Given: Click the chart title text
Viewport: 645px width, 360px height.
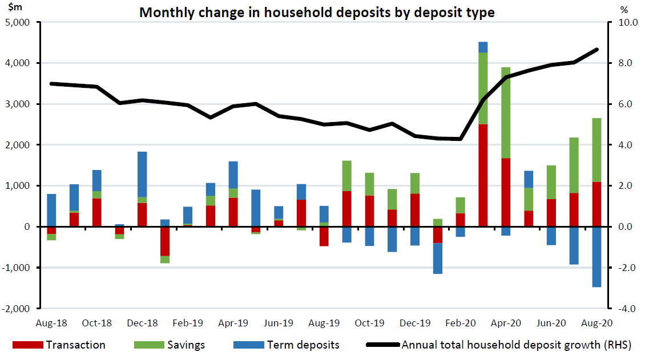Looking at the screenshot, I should pyautogui.click(x=317, y=12).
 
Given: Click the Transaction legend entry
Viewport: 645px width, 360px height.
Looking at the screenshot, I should pyautogui.click(x=75, y=345).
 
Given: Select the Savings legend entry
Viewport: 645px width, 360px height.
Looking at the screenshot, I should pyautogui.click(x=186, y=345).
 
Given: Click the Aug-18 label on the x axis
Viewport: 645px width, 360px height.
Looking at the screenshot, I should pyautogui.click(x=51, y=323).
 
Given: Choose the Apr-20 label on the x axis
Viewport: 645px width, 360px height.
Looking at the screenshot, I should pyautogui.click(x=506, y=323).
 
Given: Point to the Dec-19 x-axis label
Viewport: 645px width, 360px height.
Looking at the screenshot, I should pyautogui.click(x=415, y=323).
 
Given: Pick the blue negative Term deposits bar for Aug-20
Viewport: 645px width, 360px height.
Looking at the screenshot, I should pyautogui.click(x=596, y=257).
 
